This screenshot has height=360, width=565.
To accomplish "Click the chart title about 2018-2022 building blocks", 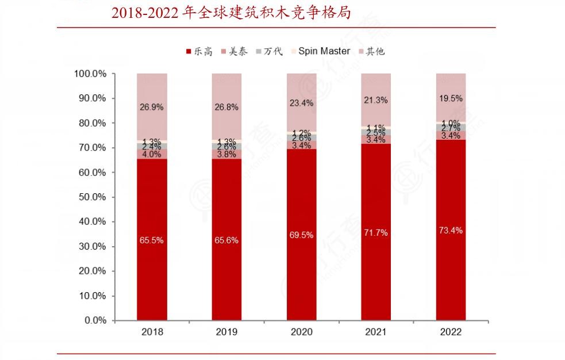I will pyautogui.click(x=231, y=13).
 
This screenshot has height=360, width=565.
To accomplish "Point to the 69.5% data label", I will pyautogui.click(x=301, y=235).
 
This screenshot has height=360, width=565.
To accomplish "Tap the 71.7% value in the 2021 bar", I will pyautogui.click(x=376, y=233).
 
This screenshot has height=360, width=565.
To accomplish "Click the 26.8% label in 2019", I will pyautogui.click(x=226, y=106).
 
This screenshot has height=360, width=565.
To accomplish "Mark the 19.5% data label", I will pyautogui.click(x=451, y=98).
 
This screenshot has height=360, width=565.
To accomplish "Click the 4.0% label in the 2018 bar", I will pyautogui.click(x=152, y=154).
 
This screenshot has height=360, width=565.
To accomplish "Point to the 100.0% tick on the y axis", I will pyautogui.click(x=90, y=74).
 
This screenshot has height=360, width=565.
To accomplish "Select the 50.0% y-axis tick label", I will pyautogui.click(x=92, y=197).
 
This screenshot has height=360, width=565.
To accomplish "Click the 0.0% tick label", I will pyautogui.click(x=94, y=320).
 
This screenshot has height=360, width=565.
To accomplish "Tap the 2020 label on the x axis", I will pyautogui.click(x=301, y=332).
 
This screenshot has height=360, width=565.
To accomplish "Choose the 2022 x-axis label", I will pyautogui.click(x=451, y=332).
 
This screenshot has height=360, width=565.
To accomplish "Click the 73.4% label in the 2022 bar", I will pyautogui.click(x=451, y=230).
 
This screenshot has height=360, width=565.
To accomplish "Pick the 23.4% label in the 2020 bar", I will pyautogui.click(x=301, y=103).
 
